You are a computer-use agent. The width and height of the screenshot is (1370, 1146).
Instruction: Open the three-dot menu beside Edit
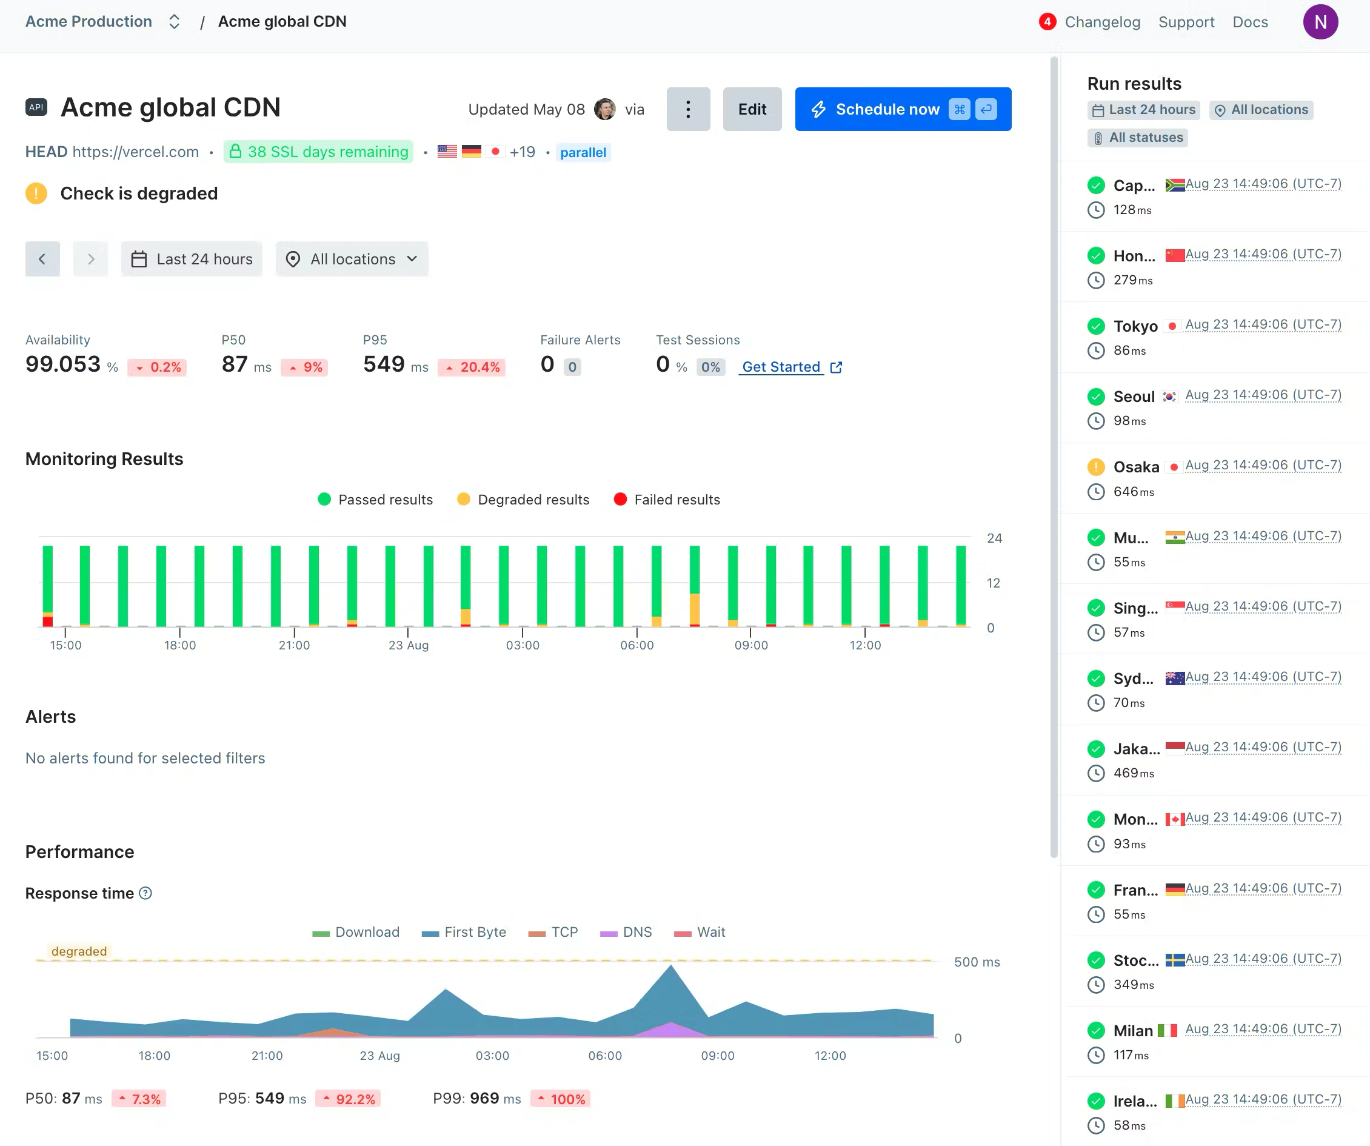(687, 109)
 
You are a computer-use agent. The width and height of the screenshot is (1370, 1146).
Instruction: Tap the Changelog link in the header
(1102, 22)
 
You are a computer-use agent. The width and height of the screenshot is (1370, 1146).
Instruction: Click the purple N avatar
(1320, 22)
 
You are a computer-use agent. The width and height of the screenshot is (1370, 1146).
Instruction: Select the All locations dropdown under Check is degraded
(352, 259)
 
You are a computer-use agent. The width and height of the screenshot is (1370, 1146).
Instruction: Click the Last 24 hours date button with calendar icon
(192, 259)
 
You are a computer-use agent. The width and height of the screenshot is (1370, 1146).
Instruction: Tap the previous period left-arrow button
(42, 259)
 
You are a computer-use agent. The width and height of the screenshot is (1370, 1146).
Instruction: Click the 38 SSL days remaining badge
(318, 152)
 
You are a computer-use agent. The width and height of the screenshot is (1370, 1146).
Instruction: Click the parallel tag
(583, 153)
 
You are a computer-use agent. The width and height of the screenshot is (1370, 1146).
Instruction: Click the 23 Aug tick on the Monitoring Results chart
(409, 644)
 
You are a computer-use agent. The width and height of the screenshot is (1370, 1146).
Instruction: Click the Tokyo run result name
(1135, 326)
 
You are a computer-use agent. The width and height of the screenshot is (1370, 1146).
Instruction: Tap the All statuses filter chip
(1137, 138)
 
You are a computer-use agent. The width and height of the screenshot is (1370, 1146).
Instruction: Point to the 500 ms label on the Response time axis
(976, 961)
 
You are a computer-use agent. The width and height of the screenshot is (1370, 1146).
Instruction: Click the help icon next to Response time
(146, 893)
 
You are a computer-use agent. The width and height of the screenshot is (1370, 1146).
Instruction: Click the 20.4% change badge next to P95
(472, 367)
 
